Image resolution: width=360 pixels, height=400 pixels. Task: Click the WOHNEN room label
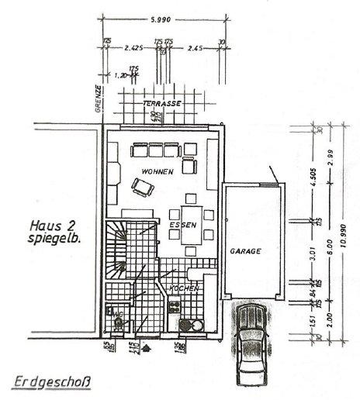[155, 171]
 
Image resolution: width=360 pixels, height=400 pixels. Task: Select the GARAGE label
[244, 252]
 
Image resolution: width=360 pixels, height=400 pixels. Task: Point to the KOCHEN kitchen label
[184, 288]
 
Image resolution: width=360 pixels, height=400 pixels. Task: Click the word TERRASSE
[162, 103]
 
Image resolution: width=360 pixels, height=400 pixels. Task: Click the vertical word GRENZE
[99, 98]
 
